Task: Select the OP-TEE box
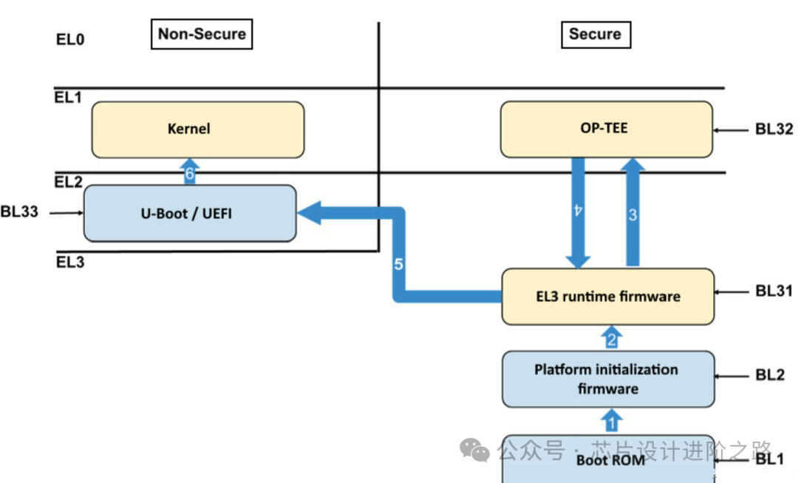(606, 129)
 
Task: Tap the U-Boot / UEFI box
(190, 213)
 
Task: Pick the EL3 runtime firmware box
(607, 297)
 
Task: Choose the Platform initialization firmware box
(607, 379)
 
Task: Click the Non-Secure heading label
(202, 35)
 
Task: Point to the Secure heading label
(595, 35)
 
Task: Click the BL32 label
(774, 129)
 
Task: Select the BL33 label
(20, 213)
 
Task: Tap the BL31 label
(774, 291)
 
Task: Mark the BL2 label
(770, 376)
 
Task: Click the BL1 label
(770, 459)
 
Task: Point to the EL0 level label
(70, 39)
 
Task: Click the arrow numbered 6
(190, 172)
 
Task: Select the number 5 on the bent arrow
(398, 264)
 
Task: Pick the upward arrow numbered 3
(633, 215)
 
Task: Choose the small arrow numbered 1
(611, 422)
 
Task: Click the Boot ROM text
(609, 460)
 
